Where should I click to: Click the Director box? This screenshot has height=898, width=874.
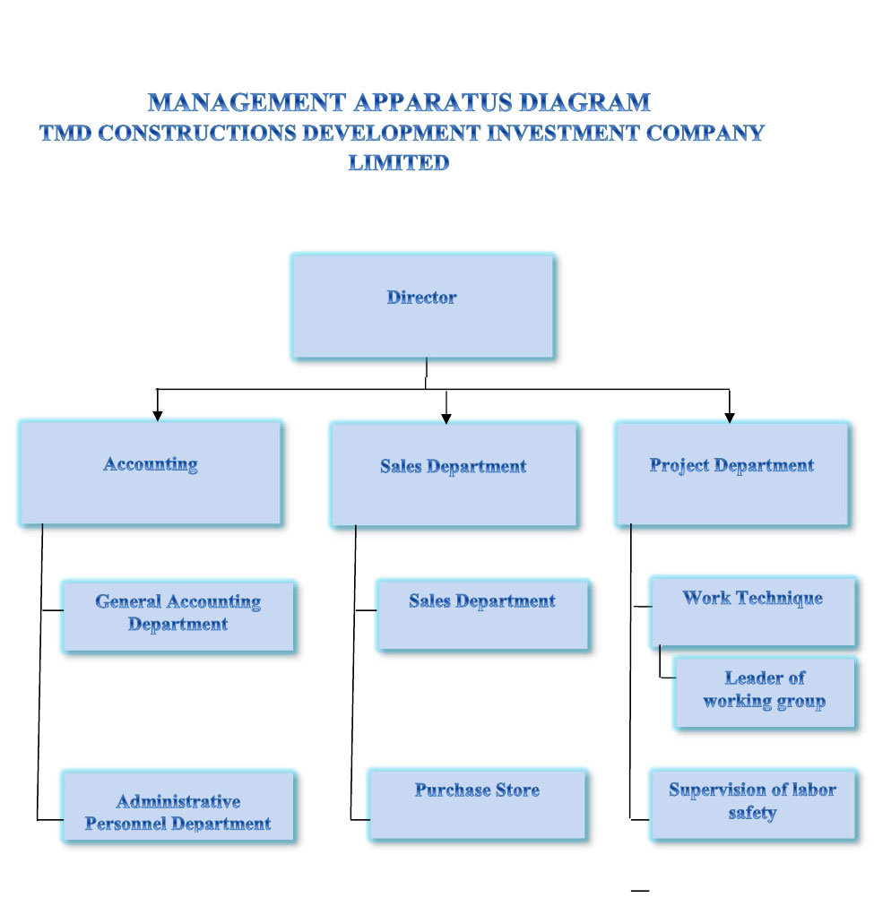[422, 306]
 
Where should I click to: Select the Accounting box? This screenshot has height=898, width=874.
[151, 473]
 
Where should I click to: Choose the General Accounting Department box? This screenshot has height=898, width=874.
[177, 615]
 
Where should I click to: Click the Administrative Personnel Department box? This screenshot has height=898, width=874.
[177, 806]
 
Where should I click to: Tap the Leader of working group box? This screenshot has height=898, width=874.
[765, 692]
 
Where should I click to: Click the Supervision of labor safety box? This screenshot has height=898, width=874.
[752, 803]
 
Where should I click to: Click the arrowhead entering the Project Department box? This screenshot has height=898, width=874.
[730, 417]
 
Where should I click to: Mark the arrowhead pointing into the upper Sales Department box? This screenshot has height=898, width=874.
[446, 418]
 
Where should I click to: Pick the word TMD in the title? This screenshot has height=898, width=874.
[65, 134]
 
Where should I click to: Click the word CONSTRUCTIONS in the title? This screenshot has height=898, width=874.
[195, 134]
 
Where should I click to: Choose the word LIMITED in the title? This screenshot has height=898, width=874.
[399, 163]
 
